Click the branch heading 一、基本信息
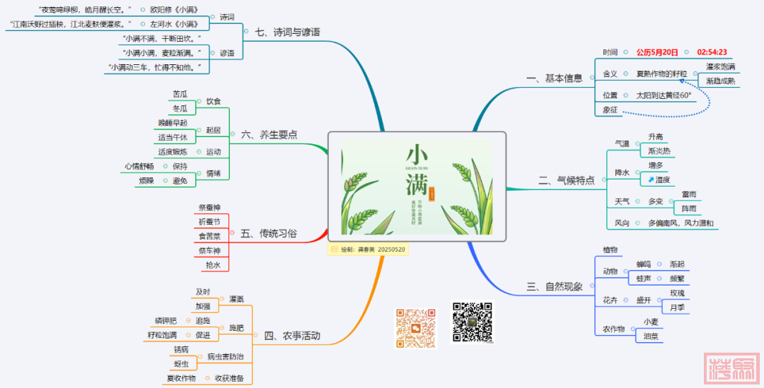555,78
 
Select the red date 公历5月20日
656,52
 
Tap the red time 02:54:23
712,52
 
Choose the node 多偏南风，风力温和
681,223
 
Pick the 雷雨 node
688,194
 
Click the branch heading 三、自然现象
555,287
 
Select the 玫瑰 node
677,293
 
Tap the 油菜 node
650,336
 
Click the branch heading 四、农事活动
291,336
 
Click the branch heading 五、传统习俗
268,233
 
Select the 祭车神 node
209,250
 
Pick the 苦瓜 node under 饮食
180,94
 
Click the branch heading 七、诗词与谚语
286,32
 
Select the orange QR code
415,327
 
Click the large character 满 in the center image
417,185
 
